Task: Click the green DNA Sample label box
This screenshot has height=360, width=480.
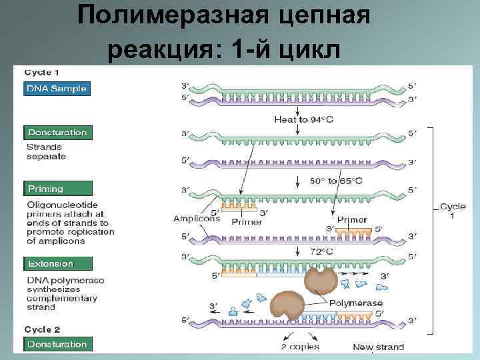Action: coord(56,89)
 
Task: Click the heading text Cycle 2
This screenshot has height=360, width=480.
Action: coord(43,329)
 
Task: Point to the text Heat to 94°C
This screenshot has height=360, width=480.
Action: coord(300,119)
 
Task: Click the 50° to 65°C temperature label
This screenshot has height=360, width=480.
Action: coord(336,181)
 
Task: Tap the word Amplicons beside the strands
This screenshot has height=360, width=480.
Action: coord(197,219)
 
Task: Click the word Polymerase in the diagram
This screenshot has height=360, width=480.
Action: coord(357,303)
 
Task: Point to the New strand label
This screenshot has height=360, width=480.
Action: coord(379,347)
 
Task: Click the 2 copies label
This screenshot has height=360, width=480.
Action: coord(299,347)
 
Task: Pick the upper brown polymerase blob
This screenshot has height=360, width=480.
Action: coord(321,281)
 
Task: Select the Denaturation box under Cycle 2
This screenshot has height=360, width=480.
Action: coord(57,344)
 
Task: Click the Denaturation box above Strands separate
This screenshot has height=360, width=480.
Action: coord(57,132)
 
